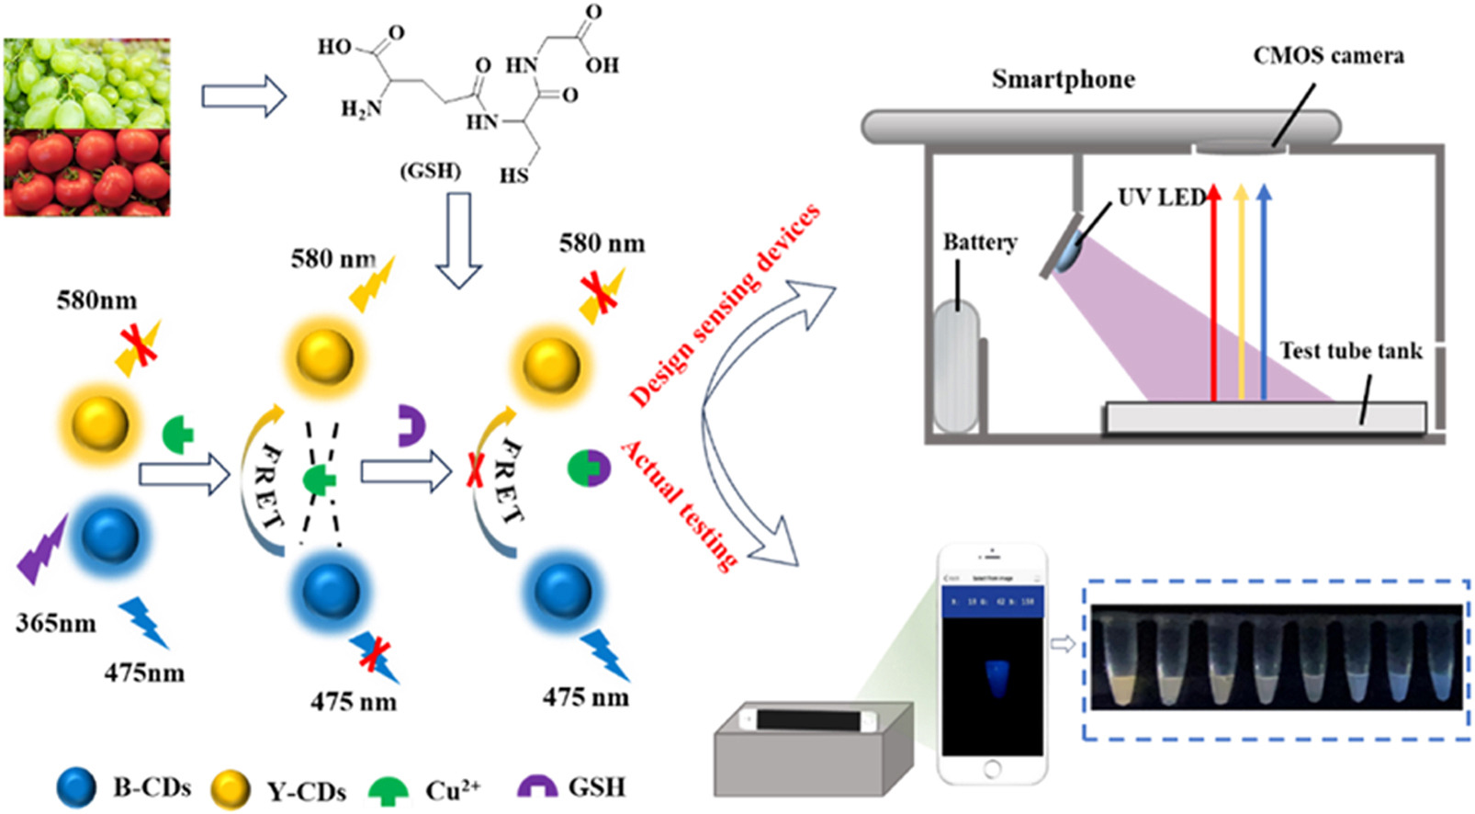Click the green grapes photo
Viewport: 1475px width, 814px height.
click(86, 83)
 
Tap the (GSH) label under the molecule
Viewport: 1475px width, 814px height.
click(430, 171)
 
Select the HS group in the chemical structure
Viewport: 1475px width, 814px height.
click(514, 175)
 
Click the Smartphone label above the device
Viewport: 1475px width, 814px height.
click(1063, 80)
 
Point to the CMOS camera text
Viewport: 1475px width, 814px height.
click(1328, 56)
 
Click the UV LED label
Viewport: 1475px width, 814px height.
click(1161, 198)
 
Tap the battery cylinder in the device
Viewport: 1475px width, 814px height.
click(956, 366)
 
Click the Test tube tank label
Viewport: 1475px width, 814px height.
click(1350, 351)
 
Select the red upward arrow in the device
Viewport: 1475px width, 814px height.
click(1213, 294)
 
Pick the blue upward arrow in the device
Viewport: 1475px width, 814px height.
click(1264, 294)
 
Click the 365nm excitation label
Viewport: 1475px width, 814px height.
click(56, 624)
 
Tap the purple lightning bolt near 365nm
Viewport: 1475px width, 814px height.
click(43, 549)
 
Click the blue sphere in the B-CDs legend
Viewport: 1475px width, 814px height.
click(77, 788)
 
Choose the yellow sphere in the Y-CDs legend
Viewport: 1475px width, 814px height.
click(230, 789)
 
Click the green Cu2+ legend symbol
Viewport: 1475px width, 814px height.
click(388, 790)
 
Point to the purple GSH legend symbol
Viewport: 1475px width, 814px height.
click(536, 786)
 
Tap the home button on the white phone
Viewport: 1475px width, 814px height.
click(992, 767)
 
